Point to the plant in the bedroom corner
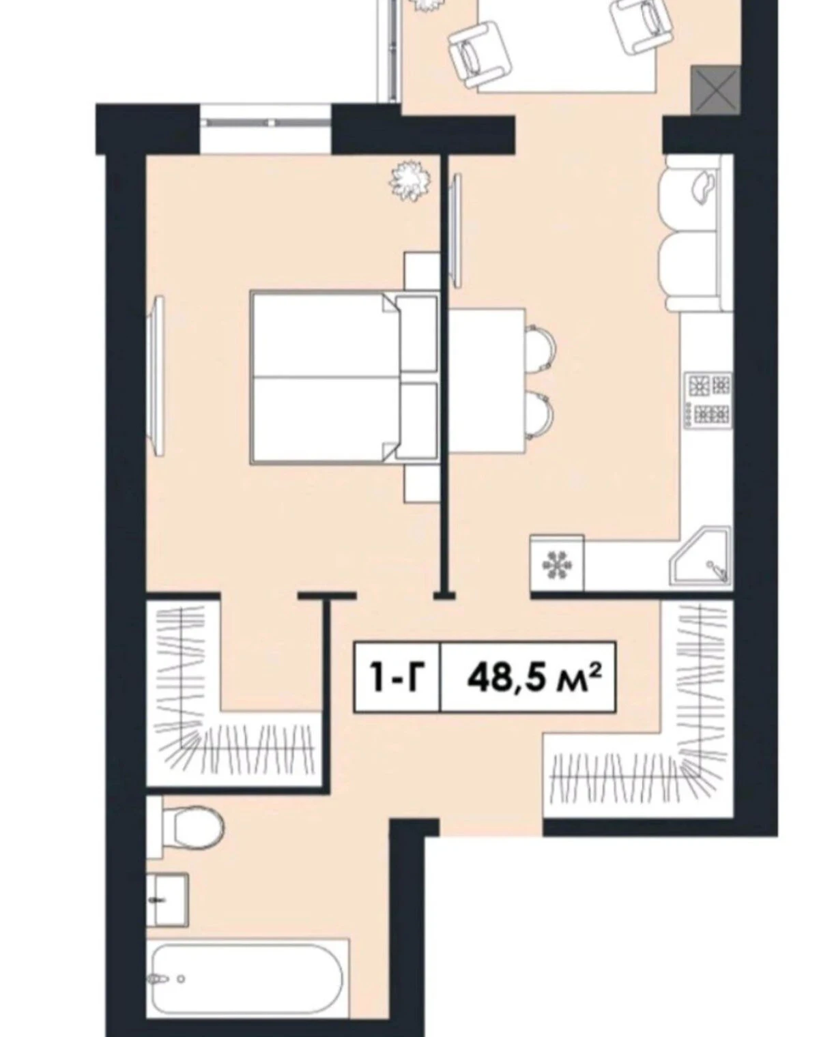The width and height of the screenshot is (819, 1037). pyautogui.click(x=410, y=181)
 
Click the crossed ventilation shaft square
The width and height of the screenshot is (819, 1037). pyautogui.click(x=715, y=90)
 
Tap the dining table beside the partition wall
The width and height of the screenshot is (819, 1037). pyautogui.click(x=487, y=381)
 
